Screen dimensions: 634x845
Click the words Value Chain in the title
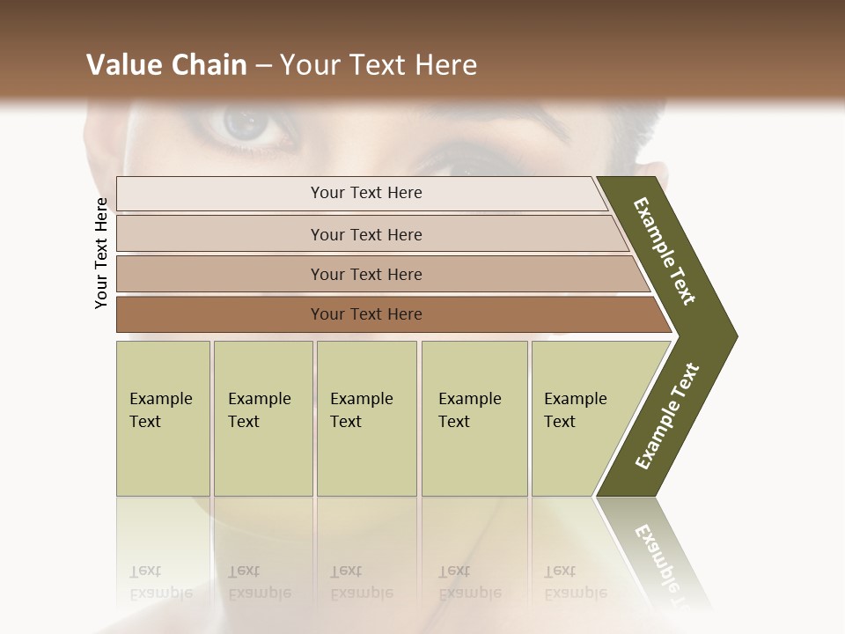[x=166, y=65]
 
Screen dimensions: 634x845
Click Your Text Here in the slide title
[x=378, y=65]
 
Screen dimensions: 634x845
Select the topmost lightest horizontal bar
[x=365, y=193]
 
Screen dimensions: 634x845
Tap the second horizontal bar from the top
[x=365, y=234]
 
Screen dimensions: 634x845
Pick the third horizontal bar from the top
[x=365, y=274]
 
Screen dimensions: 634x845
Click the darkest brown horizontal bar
[x=365, y=314]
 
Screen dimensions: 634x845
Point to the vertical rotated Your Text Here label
[x=101, y=253]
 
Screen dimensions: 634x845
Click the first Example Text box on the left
[x=162, y=410]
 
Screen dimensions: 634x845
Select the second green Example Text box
[x=261, y=410]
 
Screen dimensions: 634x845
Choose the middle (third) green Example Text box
[x=364, y=410]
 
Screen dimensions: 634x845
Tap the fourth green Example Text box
[x=473, y=410]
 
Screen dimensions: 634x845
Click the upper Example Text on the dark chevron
[x=665, y=251]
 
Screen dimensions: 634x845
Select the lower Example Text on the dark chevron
[x=667, y=417]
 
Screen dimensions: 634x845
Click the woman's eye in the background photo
[x=249, y=125]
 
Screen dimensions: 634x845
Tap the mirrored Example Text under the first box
[x=160, y=583]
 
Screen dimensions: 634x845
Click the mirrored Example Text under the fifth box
[x=575, y=583]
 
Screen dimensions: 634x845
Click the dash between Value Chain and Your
[x=263, y=66]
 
